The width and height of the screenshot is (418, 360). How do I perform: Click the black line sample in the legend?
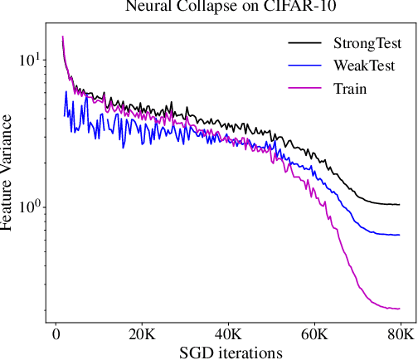coord(304,42)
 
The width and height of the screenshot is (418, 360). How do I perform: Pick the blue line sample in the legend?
coord(304,64)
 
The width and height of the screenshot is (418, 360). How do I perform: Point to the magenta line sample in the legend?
coord(304,85)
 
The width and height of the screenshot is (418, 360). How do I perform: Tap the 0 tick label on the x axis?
coord(55,334)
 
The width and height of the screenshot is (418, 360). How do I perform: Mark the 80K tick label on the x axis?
coord(400,334)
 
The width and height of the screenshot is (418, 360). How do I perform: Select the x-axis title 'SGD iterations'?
coord(231,352)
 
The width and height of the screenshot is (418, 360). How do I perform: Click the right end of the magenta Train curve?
coord(399,309)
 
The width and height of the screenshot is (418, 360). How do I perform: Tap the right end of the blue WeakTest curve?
coord(399,235)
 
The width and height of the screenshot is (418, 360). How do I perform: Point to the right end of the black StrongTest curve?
coord(399,204)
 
